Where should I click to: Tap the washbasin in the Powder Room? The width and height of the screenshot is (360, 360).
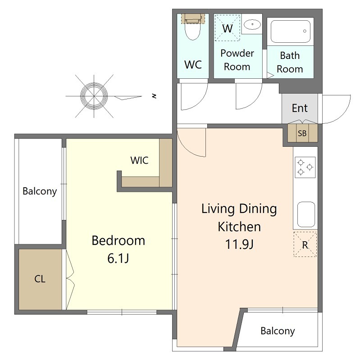click(252, 24)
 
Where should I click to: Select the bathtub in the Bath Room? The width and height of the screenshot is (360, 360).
click(290, 31)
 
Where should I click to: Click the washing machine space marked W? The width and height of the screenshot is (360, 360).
click(227, 28)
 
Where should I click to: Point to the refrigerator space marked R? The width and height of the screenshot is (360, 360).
click(305, 244)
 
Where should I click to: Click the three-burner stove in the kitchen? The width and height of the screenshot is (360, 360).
click(305, 167)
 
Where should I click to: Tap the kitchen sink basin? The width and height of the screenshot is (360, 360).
click(306, 215)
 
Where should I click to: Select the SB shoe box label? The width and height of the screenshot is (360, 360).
click(302, 133)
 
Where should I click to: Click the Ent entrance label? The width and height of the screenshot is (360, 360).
click(300, 108)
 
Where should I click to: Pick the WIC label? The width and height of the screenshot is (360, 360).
click(139, 160)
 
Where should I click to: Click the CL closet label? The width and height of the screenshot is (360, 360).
click(40, 279)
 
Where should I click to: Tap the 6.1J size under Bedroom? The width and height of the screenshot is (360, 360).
click(118, 258)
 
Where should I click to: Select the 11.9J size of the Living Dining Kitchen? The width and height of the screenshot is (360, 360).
click(239, 244)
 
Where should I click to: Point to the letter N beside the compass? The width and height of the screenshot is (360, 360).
click(155, 96)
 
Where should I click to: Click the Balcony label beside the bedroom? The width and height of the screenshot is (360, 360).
click(40, 191)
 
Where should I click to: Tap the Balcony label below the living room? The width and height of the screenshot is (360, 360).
click(278, 331)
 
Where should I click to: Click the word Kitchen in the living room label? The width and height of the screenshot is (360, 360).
click(239, 227)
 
